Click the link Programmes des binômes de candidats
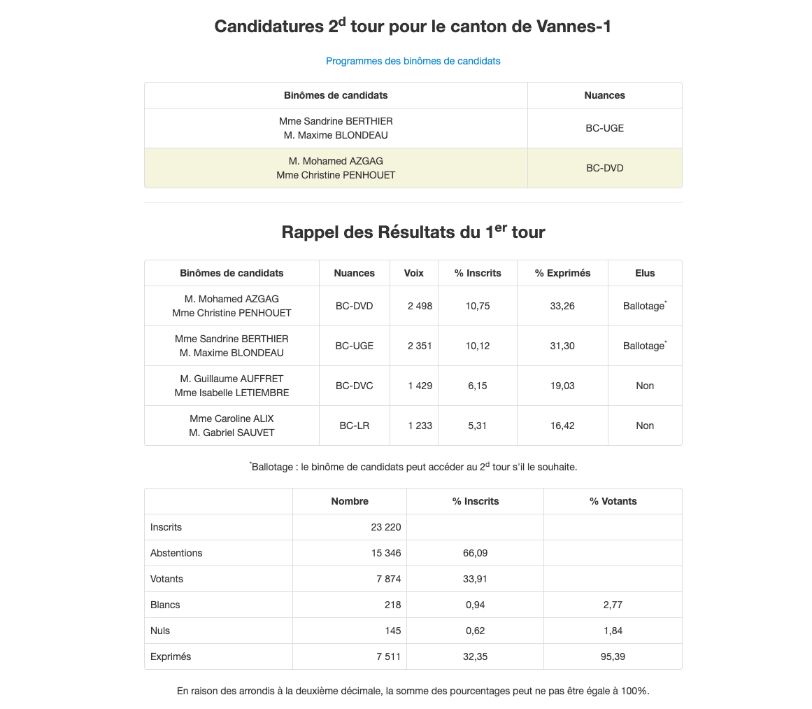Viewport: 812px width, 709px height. [413, 61]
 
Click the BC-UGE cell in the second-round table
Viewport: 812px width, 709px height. [604, 128]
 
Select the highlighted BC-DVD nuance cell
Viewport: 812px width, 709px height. [604, 168]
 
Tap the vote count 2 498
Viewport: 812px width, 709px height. [420, 306]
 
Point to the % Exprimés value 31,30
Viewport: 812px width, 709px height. [562, 346]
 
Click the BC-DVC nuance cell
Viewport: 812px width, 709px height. [354, 386]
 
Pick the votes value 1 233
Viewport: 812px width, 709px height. [420, 426]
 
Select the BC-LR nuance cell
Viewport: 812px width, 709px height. [354, 426]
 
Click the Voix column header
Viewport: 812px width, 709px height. [413, 273]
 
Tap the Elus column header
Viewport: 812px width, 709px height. [645, 273]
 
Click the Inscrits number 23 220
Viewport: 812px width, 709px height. [385, 527]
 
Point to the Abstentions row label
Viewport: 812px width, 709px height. [176, 553]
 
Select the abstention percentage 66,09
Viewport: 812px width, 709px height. [475, 553]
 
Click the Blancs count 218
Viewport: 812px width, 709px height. [392, 605]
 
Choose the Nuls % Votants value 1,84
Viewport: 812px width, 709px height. [612, 631]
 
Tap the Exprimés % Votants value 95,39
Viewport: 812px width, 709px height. [612, 657]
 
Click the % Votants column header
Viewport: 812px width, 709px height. [613, 501]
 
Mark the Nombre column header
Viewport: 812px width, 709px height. [350, 501]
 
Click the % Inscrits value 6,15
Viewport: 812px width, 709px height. [478, 386]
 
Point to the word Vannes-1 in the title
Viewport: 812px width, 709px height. [574, 27]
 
